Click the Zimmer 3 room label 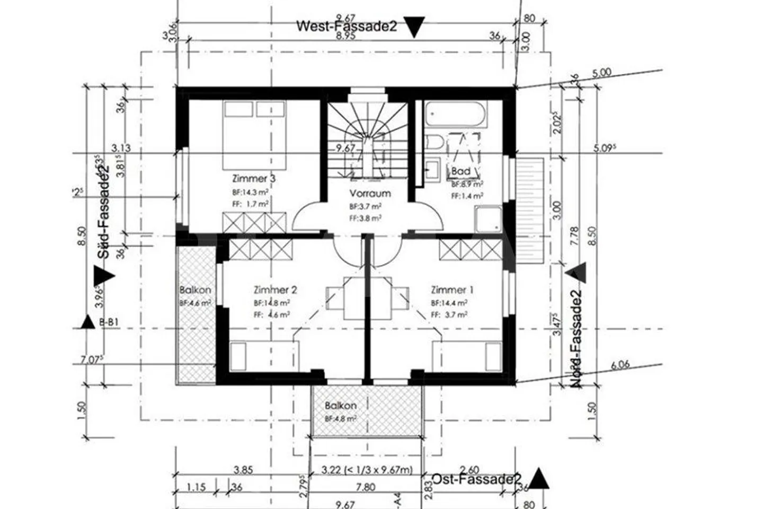(253, 179)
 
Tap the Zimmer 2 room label (275, 290)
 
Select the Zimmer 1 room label (452, 290)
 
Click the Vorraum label (370, 194)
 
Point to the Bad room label (460, 171)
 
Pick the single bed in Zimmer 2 (264, 356)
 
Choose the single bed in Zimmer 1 (467, 356)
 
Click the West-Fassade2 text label (346, 26)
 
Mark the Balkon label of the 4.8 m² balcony (340, 406)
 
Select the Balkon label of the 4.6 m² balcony (195, 290)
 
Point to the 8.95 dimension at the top (348, 36)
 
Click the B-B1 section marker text (110, 321)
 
